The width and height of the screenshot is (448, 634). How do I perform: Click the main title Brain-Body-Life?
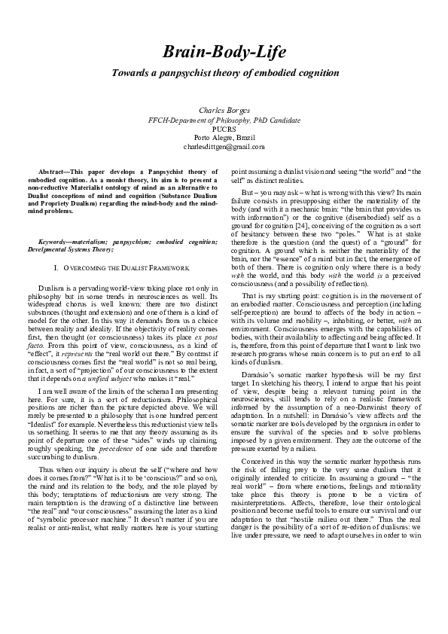(224, 51)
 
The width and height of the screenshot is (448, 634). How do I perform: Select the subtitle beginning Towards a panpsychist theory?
(224, 73)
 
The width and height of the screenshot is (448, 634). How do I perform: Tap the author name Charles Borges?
(224, 110)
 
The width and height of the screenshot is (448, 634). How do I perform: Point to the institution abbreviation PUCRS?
(224, 128)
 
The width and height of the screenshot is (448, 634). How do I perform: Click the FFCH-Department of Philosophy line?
(224, 119)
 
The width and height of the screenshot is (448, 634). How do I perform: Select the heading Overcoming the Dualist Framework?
(124, 268)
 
